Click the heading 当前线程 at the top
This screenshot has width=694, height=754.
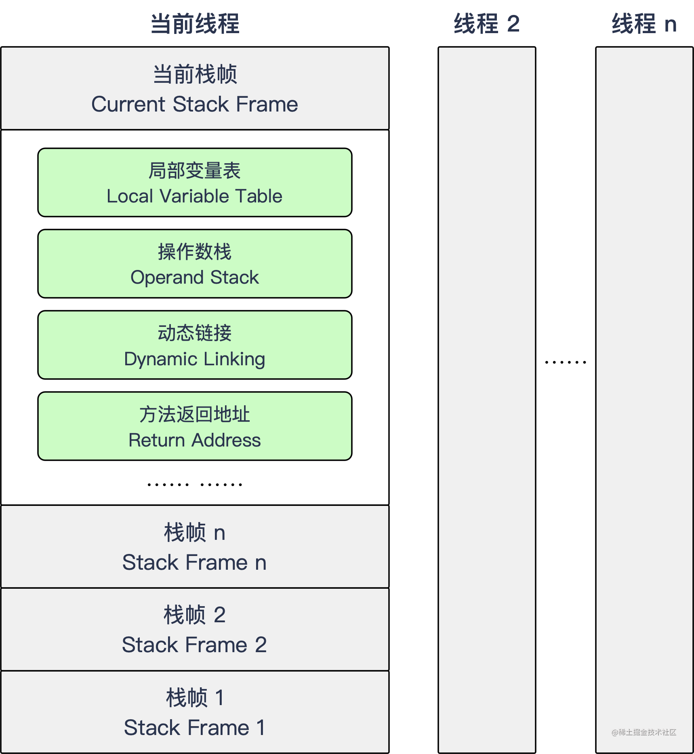tap(195, 24)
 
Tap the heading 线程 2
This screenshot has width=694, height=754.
tap(487, 24)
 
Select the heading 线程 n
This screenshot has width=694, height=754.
tap(644, 24)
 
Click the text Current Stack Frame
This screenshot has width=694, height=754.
tap(195, 104)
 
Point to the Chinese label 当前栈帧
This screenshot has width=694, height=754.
tap(195, 74)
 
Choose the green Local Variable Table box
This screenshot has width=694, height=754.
tap(195, 182)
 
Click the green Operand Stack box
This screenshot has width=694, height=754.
tap(195, 264)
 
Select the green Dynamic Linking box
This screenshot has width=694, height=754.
tap(195, 345)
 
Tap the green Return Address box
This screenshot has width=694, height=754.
tap(195, 426)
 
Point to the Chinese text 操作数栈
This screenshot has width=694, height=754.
tap(195, 252)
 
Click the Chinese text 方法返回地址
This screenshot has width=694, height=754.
tap(195, 414)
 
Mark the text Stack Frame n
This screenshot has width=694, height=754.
tap(195, 562)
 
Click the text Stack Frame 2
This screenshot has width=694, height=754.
tap(195, 644)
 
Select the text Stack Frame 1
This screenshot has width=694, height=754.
tap(195, 727)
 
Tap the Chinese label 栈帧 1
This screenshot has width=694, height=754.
tap(195, 698)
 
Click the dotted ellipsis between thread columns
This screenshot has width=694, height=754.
tap(566, 362)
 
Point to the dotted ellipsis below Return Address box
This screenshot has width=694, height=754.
tap(195, 484)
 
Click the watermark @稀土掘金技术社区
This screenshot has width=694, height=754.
tap(644, 732)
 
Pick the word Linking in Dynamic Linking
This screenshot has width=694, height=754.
tap(234, 359)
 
